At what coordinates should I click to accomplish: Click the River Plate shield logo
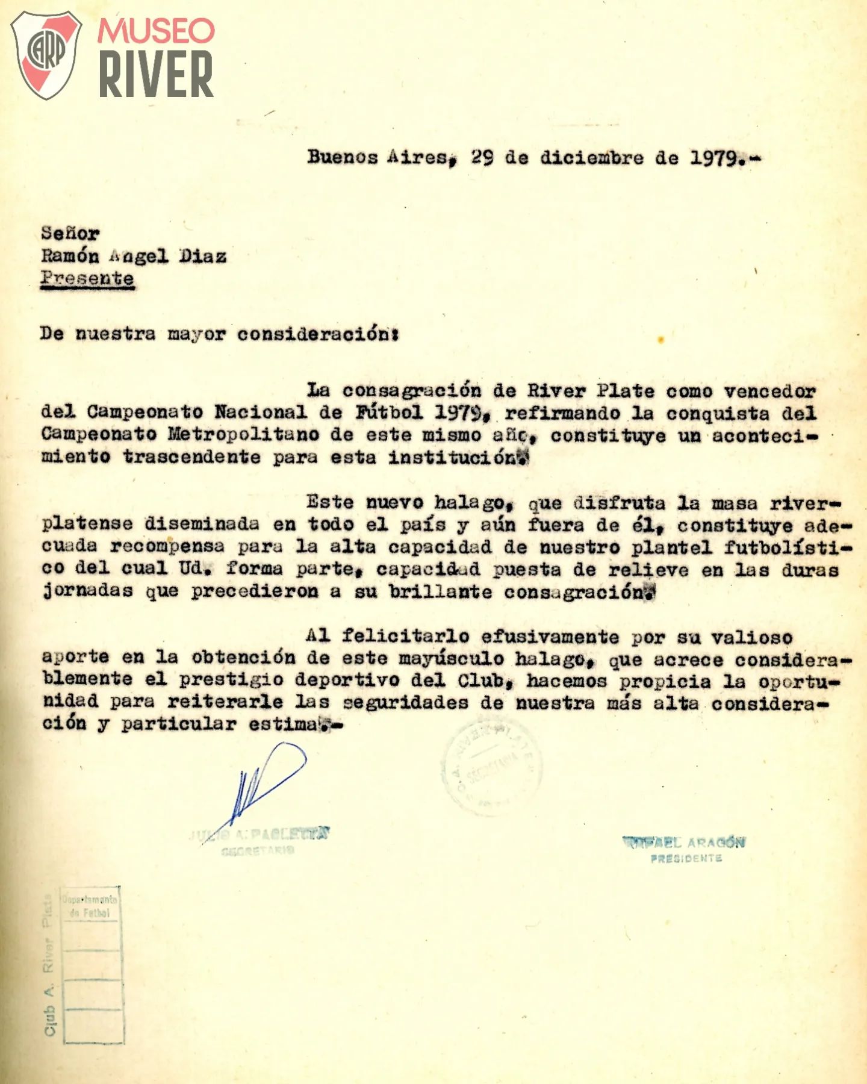(46, 55)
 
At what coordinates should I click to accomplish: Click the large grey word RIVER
(156, 74)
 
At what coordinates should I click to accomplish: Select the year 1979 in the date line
(715, 158)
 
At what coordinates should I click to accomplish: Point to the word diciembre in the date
(591, 158)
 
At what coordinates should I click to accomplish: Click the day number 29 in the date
(483, 158)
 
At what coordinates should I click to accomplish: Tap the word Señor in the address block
(70, 234)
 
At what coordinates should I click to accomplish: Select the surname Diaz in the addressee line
(203, 257)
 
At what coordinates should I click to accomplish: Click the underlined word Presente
(87, 279)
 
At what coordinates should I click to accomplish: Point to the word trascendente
(191, 456)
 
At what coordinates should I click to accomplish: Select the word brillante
(440, 592)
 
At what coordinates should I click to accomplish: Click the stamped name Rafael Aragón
(684, 842)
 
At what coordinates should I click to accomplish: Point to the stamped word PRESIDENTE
(686, 858)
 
